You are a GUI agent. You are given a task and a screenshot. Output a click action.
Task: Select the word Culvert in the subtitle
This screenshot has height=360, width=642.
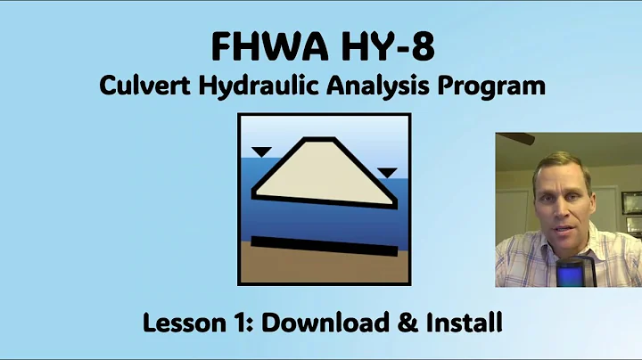[x=137, y=86]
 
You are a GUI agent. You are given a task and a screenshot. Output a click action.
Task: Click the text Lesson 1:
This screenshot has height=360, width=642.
[x=184, y=323]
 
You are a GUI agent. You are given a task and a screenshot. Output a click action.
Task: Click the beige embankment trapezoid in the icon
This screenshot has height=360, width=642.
[x=322, y=172]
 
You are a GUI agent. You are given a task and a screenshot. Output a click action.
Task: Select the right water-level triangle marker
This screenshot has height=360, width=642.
[x=387, y=172]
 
